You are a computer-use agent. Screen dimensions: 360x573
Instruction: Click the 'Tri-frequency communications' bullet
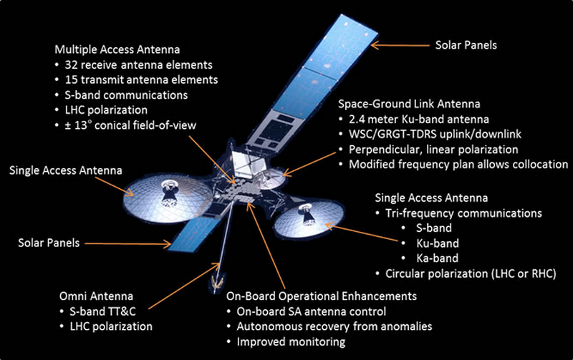pos(459,213)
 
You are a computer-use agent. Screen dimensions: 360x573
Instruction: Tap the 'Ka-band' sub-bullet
pos(438,258)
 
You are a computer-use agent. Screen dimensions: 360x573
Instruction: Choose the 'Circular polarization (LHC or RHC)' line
pos(471,273)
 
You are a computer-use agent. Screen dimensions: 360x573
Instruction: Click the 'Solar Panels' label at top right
pos(466,44)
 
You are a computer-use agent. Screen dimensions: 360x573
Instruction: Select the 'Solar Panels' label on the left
pos(48,243)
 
